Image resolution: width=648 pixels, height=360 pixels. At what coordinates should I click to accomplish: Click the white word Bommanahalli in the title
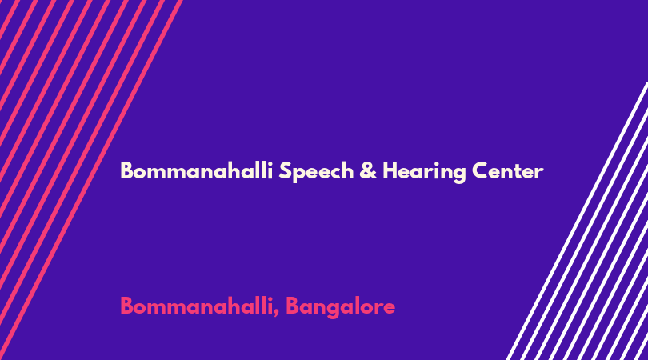(196, 170)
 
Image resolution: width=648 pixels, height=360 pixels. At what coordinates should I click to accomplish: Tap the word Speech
(316, 171)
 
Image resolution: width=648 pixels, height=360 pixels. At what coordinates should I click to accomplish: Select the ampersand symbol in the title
(368, 170)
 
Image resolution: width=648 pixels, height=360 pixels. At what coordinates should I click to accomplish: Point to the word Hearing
(424, 171)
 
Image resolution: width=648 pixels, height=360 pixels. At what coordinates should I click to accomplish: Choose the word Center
(507, 170)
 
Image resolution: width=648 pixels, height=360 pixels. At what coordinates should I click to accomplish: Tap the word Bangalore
(341, 307)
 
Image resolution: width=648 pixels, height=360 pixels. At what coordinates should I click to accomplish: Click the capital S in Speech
(285, 170)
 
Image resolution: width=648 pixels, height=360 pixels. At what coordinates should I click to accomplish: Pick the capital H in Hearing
(390, 170)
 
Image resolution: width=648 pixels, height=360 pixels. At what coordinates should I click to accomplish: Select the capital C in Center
(481, 170)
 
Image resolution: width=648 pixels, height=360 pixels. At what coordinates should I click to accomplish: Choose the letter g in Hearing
(458, 174)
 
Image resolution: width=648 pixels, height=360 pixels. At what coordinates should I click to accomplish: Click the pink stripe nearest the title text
(91, 180)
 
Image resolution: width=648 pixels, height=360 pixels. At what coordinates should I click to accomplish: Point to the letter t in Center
(518, 172)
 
